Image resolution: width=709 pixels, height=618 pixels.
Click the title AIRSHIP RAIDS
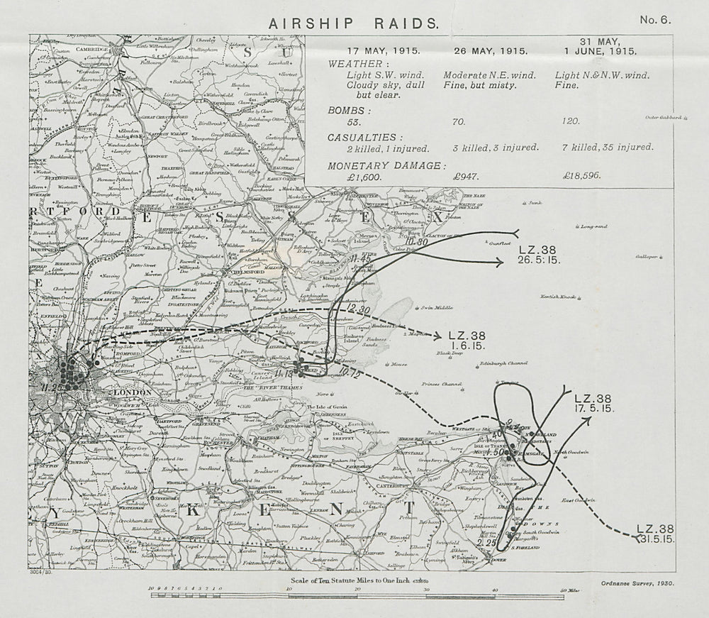pyautogui.click(x=353, y=23)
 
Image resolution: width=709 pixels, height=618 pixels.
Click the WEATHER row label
pyautogui.click(x=354, y=63)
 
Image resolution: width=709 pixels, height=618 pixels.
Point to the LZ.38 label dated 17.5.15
pyautogui.click(x=593, y=403)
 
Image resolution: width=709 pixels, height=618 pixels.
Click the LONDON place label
pyautogui.click(x=133, y=392)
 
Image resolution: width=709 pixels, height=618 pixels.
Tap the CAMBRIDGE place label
pyautogui.click(x=88, y=49)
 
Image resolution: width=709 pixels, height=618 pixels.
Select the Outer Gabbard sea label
pyautogui.click(x=663, y=117)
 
